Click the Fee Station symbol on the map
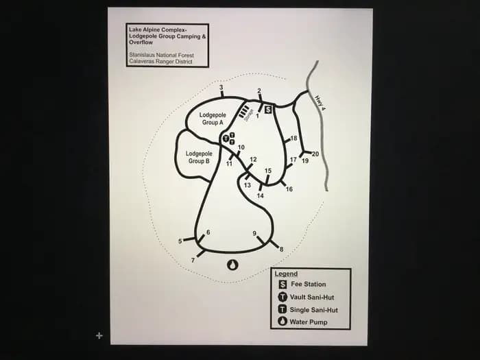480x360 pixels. [269, 110]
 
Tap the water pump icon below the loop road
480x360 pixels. [233, 265]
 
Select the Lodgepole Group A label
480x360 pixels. [213, 119]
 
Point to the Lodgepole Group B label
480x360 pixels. [199, 157]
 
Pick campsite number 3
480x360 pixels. [221, 88]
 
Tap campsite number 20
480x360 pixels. [315, 154]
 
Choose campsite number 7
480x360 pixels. [193, 261]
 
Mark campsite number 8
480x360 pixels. [281, 250]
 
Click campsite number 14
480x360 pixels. [260, 195]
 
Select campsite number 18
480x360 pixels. [293, 139]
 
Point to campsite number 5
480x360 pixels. [180, 241]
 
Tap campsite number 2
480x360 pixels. [259, 91]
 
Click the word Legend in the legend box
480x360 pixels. [286, 274]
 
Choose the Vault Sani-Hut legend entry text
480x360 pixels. [312, 297]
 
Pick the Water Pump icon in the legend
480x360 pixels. [283, 322]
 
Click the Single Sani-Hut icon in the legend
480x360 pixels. [283, 309]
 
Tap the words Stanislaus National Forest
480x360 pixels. [161, 56]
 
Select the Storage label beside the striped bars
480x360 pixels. [249, 115]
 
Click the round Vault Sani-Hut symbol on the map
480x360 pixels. [226, 139]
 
